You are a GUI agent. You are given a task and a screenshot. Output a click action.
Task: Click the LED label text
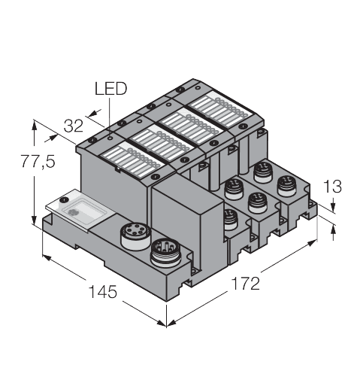tap(110, 89)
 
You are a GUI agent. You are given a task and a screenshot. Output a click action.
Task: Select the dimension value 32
tap(74, 126)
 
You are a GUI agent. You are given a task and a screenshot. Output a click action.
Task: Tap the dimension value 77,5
tap(38, 161)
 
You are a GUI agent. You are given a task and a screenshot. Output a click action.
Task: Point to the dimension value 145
tap(103, 291)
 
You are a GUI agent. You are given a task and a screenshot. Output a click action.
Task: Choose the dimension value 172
tap(246, 283)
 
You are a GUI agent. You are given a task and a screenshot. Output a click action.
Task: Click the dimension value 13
tap(332, 187)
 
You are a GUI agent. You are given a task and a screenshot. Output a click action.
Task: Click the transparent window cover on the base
tap(80, 211)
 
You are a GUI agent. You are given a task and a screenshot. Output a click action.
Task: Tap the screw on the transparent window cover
tap(65, 200)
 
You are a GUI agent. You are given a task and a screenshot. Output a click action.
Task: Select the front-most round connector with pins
tap(166, 253)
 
